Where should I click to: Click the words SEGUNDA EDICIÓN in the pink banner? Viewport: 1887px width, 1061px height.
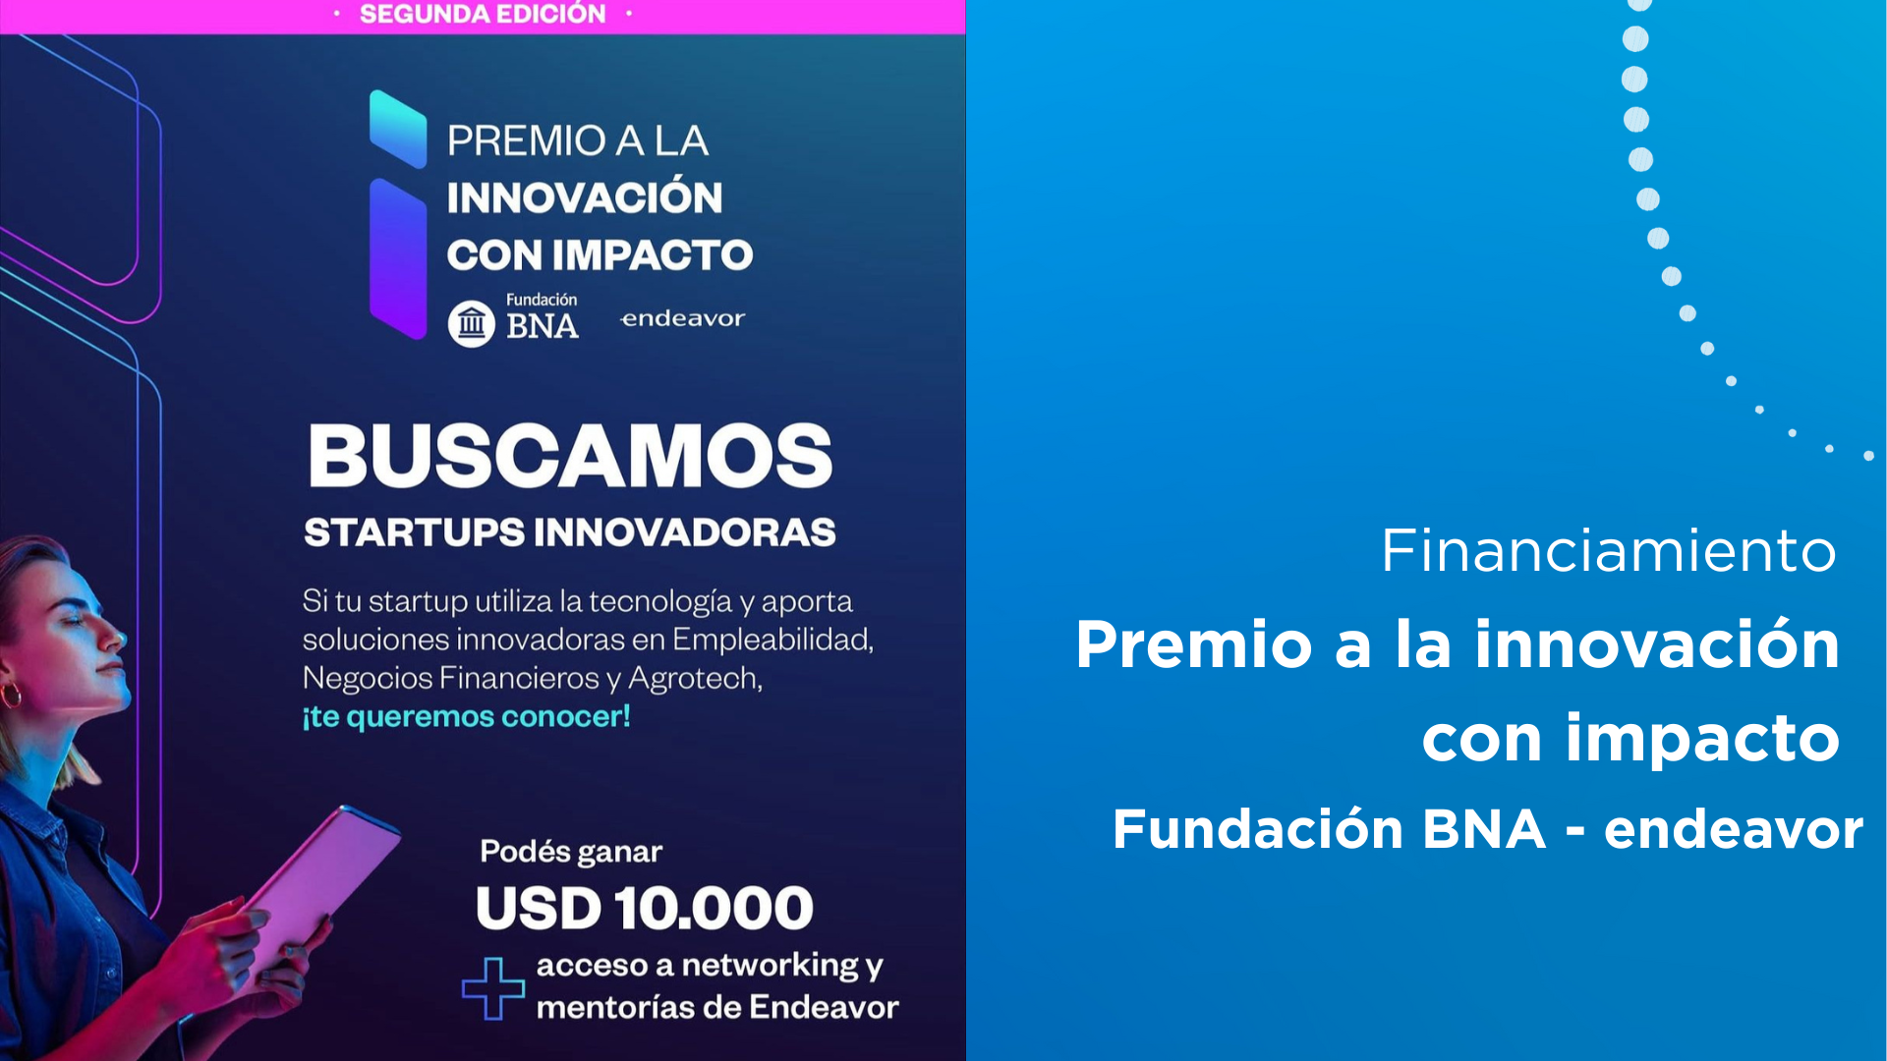coord(483,14)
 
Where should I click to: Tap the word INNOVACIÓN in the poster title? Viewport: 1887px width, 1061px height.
coord(585,196)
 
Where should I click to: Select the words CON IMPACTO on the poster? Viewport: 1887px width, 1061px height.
coord(600,255)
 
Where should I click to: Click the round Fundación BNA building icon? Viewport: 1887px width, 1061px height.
coord(472,323)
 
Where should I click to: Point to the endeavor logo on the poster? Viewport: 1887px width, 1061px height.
coord(683,318)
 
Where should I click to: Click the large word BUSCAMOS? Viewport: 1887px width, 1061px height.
coord(570,456)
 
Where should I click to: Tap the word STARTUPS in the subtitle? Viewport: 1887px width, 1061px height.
coord(415,532)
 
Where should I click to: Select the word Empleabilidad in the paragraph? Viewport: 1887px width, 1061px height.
coord(772,640)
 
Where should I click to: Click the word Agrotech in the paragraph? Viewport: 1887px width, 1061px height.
coord(695,678)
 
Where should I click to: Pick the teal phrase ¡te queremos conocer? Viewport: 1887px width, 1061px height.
coord(466,717)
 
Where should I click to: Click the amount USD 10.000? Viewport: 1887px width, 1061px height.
coord(645,908)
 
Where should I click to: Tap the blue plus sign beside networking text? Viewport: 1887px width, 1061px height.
coord(493,988)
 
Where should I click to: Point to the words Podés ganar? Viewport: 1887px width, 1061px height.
coord(571,851)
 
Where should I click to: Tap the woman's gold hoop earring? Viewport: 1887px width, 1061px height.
coord(12,695)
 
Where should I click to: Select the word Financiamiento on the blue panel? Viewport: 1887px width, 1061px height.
coord(1609,550)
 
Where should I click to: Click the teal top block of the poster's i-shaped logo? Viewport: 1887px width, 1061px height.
coord(398,129)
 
